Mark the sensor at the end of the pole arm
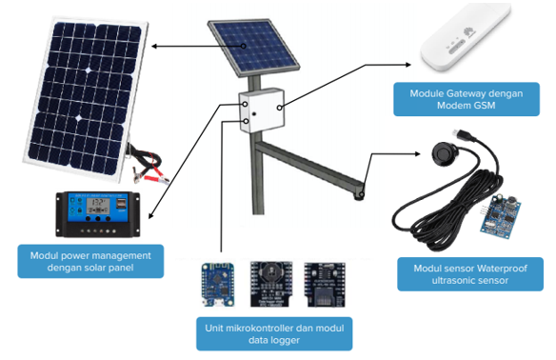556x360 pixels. (360, 195)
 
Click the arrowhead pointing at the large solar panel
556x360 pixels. (152, 46)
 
